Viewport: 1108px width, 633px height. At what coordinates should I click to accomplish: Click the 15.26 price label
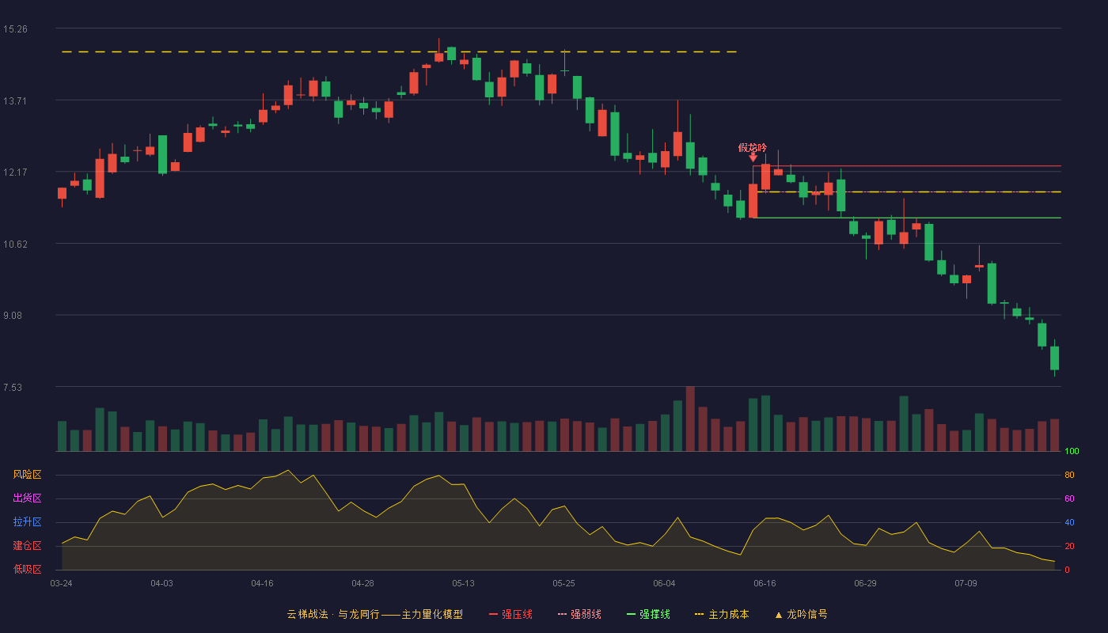coord(15,29)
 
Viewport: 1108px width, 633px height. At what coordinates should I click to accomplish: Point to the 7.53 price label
coord(13,387)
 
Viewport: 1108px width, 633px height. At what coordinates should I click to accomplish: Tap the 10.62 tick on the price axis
coord(15,244)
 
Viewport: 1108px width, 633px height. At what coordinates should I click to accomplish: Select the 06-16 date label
coord(765,584)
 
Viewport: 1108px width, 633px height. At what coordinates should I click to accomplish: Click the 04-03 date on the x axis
coord(161,584)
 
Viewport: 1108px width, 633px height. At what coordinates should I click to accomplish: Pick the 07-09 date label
coord(966,584)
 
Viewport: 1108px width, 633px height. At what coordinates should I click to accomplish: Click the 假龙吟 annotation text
coord(753,147)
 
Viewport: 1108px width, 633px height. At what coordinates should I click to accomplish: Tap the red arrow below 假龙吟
coord(753,157)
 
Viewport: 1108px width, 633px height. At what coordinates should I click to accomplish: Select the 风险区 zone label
coord(27,475)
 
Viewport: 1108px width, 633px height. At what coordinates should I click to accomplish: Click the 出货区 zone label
coord(27,498)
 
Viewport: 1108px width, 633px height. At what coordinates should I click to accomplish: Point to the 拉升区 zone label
coord(27,521)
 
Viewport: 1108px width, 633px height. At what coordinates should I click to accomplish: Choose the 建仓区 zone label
coord(27,545)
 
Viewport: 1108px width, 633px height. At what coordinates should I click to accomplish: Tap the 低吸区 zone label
coord(27,569)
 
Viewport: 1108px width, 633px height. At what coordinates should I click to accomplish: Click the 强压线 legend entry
coord(510,614)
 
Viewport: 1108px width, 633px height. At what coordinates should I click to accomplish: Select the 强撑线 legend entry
coord(648,614)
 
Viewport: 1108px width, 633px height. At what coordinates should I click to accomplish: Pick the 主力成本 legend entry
coord(722,614)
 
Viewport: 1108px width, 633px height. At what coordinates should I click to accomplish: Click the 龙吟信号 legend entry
coord(801,614)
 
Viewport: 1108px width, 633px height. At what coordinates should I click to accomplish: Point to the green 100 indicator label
coord(1072,451)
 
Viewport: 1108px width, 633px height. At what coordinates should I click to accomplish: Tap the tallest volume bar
coord(690,419)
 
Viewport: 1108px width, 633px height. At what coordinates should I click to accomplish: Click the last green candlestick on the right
coord(1054,358)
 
